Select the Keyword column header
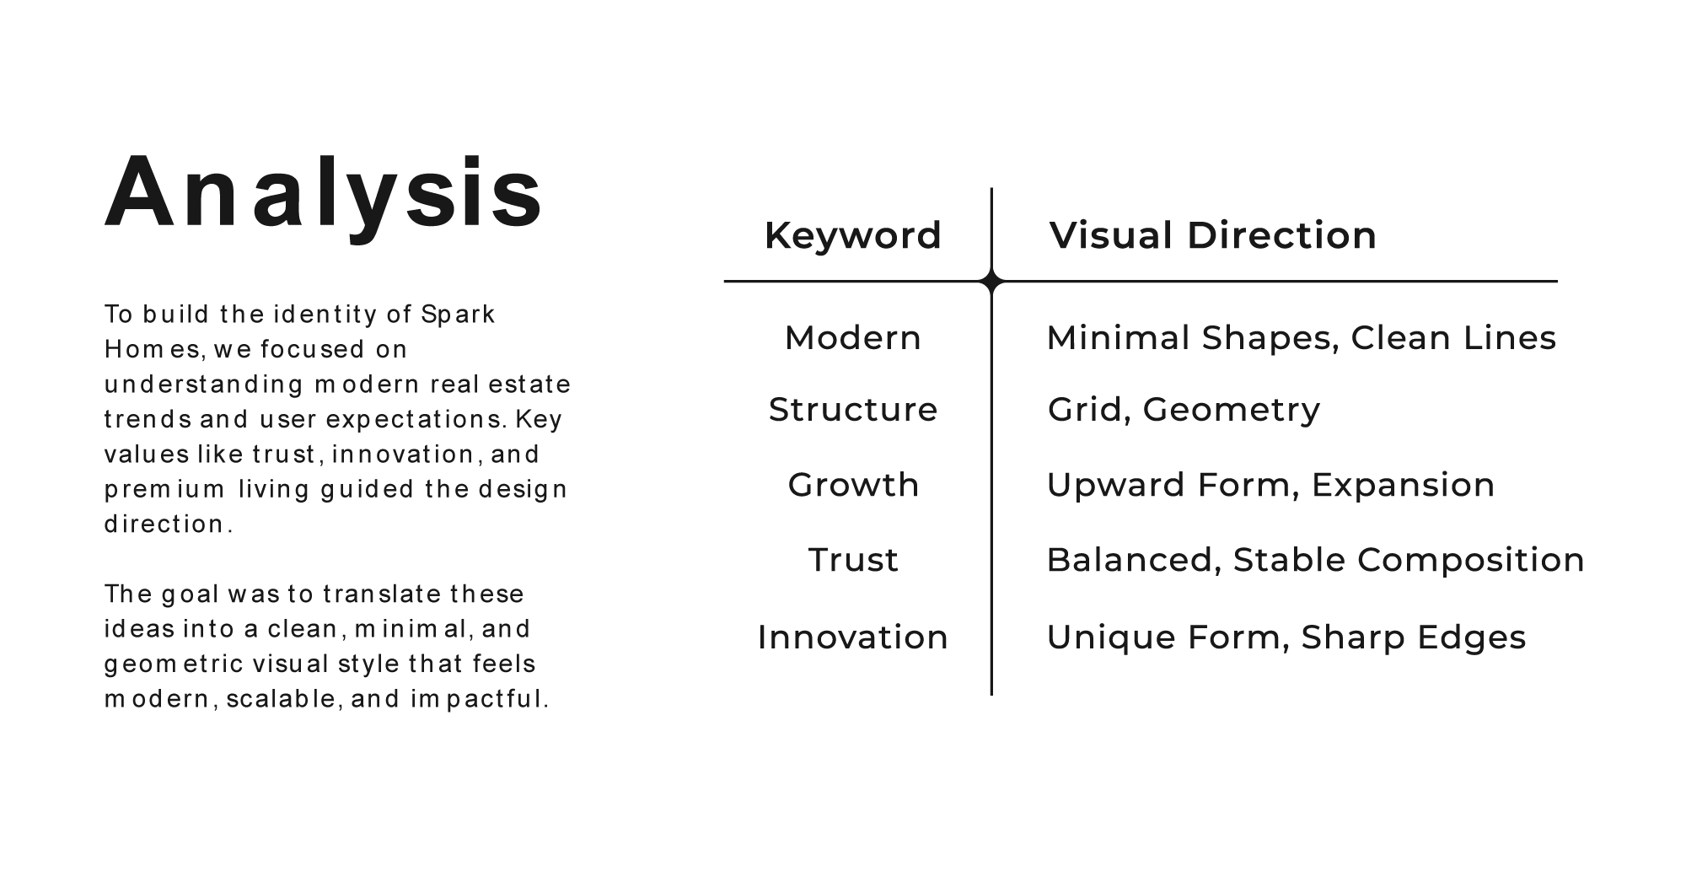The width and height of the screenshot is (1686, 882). (853, 235)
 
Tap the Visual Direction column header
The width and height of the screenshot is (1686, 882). (1212, 235)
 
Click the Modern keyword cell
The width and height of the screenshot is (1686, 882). (853, 338)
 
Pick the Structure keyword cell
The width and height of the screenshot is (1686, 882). (853, 410)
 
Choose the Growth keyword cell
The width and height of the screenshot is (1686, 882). (853, 485)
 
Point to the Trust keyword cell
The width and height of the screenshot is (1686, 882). (853, 560)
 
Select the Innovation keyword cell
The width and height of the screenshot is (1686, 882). (853, 637)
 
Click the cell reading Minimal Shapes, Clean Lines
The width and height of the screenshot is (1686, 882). (1301, 338)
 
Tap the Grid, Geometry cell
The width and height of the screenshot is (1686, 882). (1184, 411)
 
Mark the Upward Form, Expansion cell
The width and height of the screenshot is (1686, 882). (1270, 486)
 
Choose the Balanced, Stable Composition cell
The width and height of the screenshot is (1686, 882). (1315, 561)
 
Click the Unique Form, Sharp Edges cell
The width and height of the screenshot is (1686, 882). (1286, 638)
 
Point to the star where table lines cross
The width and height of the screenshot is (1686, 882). (992, 281)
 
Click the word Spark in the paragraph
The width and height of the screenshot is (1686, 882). (458, 315)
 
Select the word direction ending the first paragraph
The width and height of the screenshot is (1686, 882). (169, 524)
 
